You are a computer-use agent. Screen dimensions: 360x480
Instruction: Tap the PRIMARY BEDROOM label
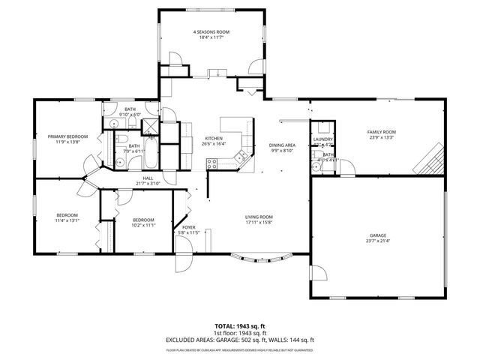68,136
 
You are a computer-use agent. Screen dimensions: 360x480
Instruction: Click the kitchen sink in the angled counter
241,157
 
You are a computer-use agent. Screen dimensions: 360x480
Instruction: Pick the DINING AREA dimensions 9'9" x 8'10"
282,151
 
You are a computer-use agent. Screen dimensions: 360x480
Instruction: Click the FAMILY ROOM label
381,132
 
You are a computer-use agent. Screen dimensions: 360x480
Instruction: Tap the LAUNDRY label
323,139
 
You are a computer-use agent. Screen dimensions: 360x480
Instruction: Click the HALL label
148,178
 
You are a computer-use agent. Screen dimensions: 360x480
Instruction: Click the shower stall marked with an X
150,125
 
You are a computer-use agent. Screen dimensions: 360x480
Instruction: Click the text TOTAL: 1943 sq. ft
240,326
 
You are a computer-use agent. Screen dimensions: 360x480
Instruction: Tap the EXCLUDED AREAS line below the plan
240,340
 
